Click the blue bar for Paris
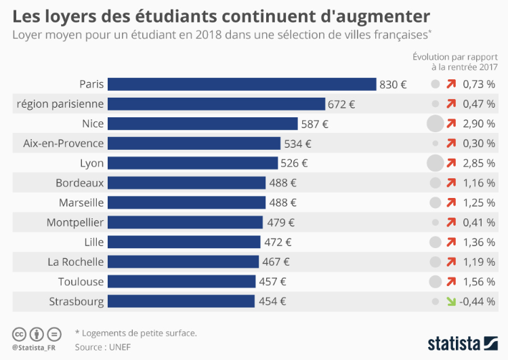click(242, 84)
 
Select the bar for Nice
click(203, 123)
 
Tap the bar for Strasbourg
click(181, 301)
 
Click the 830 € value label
click(393, 85)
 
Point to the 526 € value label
click(294, 163)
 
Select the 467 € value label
click(276, 262)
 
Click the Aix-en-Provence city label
click(63, 143)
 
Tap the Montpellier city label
click(75, 222)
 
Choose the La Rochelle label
click(75, 262)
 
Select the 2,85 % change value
click(479, 163)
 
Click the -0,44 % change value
click(477, 301)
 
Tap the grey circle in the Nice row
click(435, 123)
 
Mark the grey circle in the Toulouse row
click(435, 281)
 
